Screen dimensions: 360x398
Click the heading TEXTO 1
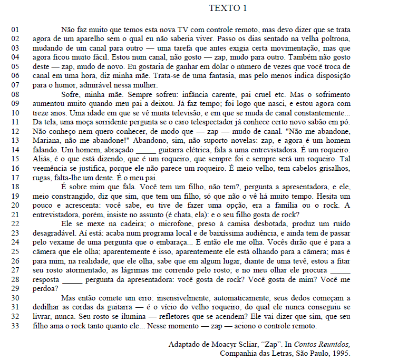[228, 8]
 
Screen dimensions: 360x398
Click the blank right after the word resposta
[72, 280]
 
